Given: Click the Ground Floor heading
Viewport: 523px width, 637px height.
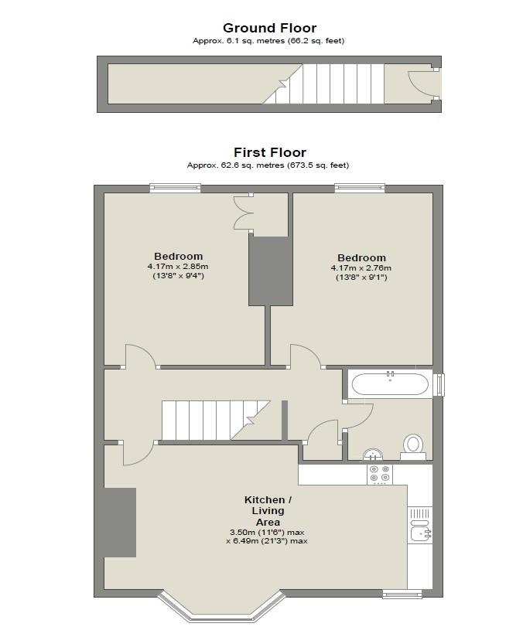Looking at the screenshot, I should (269, 29).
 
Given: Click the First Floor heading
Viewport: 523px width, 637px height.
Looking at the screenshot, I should (269, 152).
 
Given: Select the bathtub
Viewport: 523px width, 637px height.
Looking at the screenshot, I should (389, 383).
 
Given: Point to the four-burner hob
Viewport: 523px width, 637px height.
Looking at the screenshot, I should (379, 473).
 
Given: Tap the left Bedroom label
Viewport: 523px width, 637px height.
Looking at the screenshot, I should (178, 257).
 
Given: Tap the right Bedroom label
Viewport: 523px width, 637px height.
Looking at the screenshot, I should (361, 258).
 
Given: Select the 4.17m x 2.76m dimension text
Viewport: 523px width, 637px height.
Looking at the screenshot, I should (361, 268).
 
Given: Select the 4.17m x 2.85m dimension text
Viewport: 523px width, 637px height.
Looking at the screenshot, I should (178, 267).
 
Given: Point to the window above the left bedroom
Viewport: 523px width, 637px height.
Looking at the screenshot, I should (175, 187).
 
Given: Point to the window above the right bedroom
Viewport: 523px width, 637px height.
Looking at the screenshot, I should (360, 187).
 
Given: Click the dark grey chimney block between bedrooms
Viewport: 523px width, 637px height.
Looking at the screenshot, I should (270, 271).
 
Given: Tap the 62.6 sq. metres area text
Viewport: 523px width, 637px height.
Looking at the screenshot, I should (268, 165).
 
